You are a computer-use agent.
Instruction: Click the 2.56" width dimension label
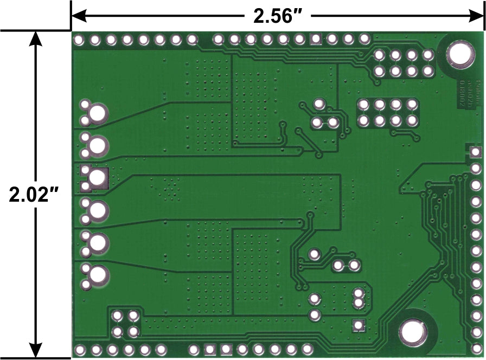coord(278,16)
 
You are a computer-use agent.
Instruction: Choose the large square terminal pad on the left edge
coord(98,177)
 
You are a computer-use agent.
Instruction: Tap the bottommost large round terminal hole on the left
coord(98,274)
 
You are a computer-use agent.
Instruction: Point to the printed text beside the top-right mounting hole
coord(465,95)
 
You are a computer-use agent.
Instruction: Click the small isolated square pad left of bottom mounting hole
coord(358,325)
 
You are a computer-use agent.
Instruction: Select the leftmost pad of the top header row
coord(79,40)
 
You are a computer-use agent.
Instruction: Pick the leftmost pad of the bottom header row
coord(80,349)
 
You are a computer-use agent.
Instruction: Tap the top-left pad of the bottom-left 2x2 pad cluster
coord(117,316)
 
